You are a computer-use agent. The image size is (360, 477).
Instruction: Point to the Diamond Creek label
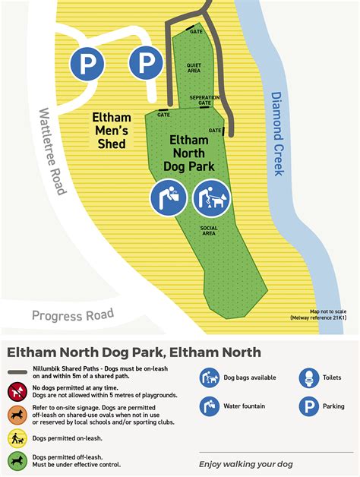pyautogui.click(x=277, y=134)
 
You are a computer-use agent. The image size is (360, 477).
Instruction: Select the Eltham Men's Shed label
pyautogui.click(x=112, y=130)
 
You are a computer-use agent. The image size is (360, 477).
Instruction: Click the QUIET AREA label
pyautogui.click(x=194, y=68)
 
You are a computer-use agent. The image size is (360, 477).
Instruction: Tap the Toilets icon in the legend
pyautogui.click(x=308, y=377)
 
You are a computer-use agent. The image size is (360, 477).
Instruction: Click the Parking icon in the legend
pyautogui.click(x=308, y=406)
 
